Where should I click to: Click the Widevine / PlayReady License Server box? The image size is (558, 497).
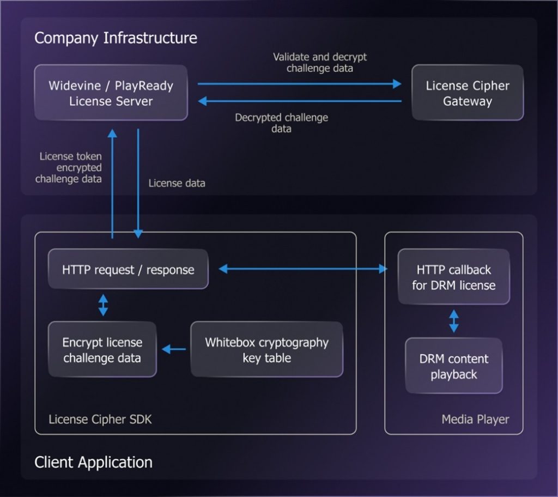click(111, 93)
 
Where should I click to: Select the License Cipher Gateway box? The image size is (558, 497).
click(467, 93)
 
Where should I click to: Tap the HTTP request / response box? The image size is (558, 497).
click(128, 269)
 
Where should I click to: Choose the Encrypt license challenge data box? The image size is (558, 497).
click(102, 350)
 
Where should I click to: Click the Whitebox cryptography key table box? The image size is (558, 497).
click(266, 350)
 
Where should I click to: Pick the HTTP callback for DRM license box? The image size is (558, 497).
click(453, 277)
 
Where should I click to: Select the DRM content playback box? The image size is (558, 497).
click(453, 366)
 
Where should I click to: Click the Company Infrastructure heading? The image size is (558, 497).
click(116, 38)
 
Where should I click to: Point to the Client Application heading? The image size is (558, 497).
click(93, 462)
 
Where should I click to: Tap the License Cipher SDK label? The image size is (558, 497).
click(100, 419)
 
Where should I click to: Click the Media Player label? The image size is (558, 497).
click(475, 419)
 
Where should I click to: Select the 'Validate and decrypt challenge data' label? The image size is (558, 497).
click(320, 63)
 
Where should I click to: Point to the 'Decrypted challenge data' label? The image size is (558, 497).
click(281, 123)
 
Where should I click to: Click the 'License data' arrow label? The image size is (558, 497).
click(177, 183)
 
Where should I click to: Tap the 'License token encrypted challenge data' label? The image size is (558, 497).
click(70, 167)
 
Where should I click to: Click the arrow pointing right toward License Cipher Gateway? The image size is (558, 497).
click(299, 84)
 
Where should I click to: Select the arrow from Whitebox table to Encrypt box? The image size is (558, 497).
click(174, 349)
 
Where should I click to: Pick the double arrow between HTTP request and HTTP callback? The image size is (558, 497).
click(302, 269)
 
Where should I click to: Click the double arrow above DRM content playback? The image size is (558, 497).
click(453, 321)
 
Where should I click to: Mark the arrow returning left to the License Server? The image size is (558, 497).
click(299, 101)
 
